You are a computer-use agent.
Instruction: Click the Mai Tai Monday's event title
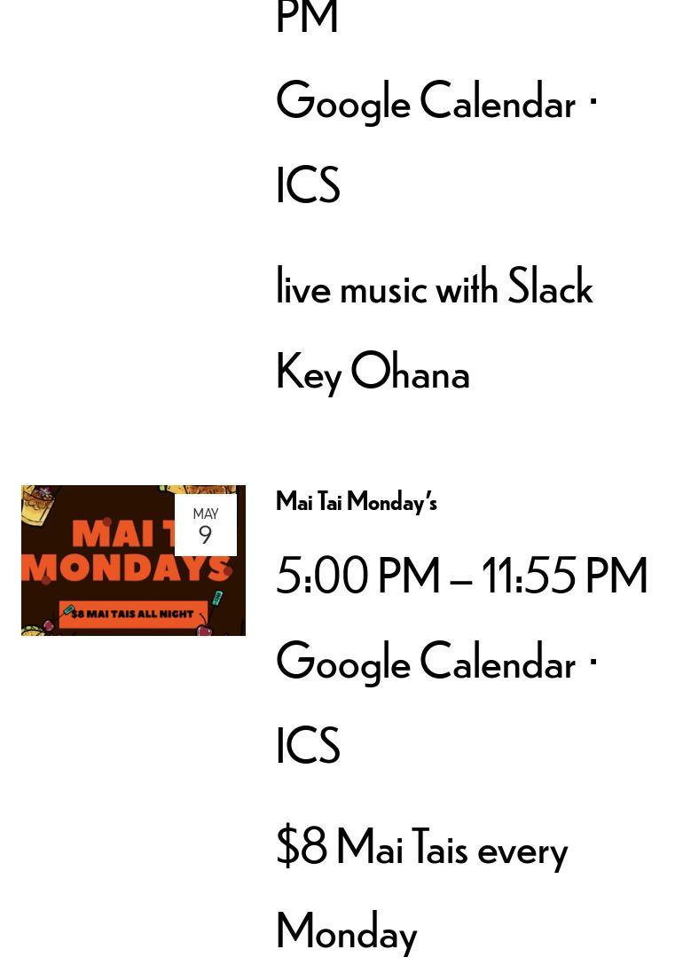point(357,502)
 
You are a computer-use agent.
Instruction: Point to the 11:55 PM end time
point(564,576)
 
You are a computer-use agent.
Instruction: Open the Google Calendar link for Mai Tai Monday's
point(426,662)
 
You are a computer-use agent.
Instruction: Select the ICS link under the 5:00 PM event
point(308,745)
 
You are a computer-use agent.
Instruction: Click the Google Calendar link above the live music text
point(426,101)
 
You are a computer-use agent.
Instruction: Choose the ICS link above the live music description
point(308,184)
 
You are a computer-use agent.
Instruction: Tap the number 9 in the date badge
point(205,535)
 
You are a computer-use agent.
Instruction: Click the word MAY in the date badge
point(206,514)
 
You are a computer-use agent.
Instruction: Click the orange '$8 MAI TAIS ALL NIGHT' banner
point(134,614)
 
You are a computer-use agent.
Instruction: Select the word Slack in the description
point(550,286)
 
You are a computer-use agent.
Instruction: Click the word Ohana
point(410,371)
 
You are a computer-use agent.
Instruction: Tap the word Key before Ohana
point(309,373)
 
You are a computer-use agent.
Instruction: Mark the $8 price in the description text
point(302,846)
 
